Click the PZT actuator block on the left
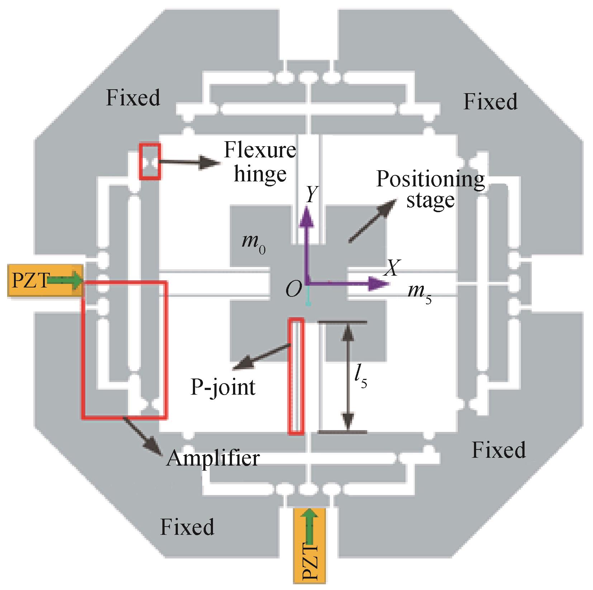coord(45,281)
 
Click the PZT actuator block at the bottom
coord(309,548)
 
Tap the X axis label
coord(392,268)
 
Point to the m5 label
coord(420,294)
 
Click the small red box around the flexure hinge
coord(150,161)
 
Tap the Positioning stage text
coord(430,189)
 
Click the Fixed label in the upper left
coord(133,97)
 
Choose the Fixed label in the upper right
coord(490,101)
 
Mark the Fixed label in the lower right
coord(499,450)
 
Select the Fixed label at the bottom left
coord(187,527)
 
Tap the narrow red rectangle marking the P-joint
coord(296,376)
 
